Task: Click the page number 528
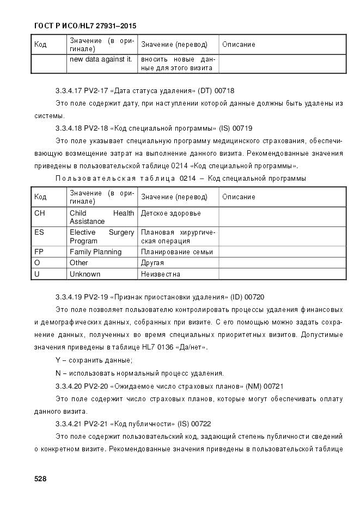[40, 479]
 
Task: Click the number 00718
[225, 90]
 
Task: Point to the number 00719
[242, 128]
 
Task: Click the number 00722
[201, 424]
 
